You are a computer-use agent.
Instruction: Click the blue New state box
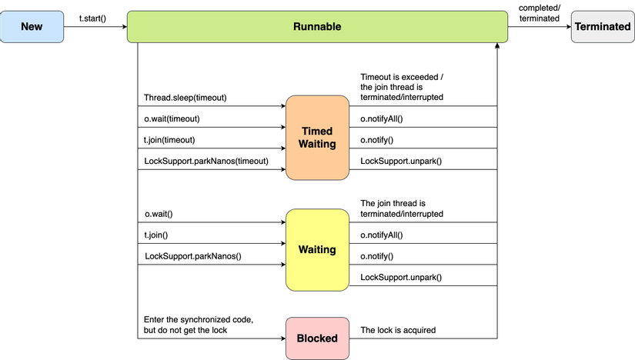[32, 26]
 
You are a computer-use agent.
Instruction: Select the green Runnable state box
[316, 26]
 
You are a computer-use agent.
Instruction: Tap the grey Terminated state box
[602, 26]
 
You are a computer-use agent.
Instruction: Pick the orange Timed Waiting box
[316, 138]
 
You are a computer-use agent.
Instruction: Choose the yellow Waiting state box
[316, 250]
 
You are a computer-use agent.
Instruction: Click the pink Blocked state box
[316, 338]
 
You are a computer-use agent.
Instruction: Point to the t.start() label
[92, 17]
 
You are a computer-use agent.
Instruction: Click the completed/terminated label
[539, 12]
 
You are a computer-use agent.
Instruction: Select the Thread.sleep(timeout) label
[185, 98]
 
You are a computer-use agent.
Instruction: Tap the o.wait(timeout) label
[172, 118]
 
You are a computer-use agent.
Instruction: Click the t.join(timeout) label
[169, 140]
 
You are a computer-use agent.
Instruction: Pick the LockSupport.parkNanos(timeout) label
[206, 161]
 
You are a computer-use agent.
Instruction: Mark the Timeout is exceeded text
[402, 87]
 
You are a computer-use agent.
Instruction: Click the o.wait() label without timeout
[159, 214]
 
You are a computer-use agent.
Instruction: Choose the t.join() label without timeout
[155, 235]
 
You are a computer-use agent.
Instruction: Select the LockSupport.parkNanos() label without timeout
[192, 255]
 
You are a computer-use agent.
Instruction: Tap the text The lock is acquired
[398, 330]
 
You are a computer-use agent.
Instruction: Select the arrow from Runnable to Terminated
[539, 27]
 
